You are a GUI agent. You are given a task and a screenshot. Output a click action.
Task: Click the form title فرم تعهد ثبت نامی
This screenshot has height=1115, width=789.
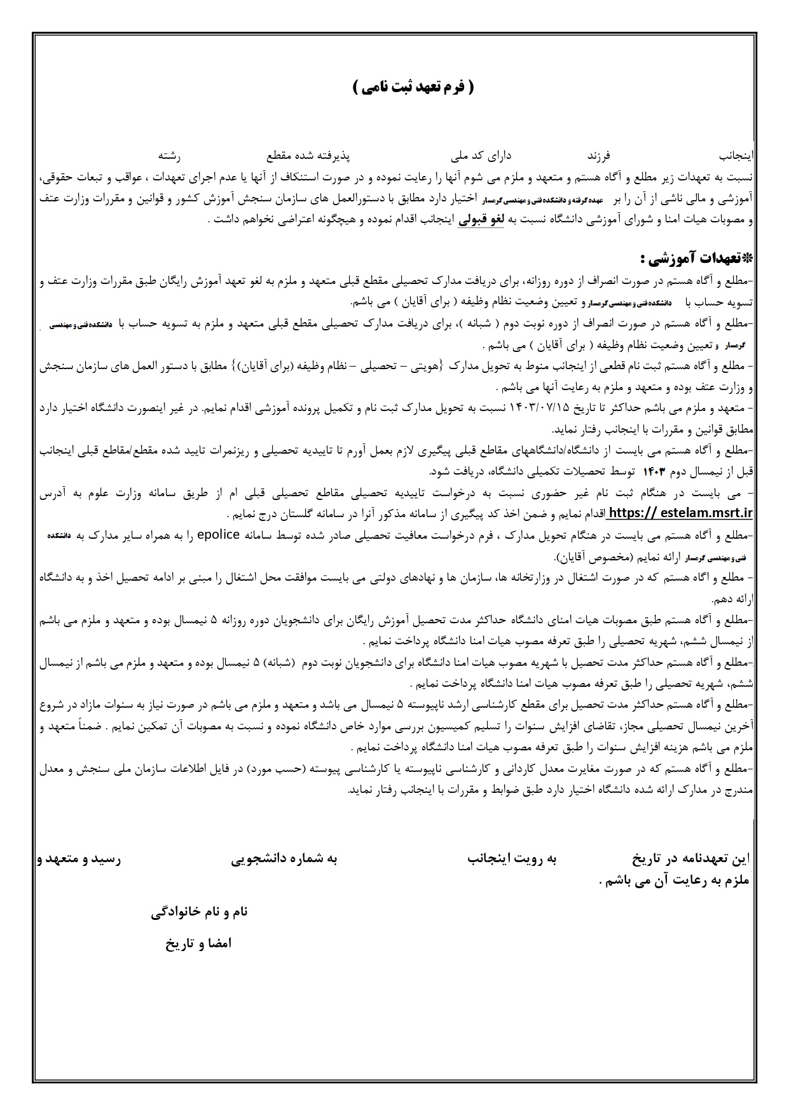pyautogui.click(x=413, y=88)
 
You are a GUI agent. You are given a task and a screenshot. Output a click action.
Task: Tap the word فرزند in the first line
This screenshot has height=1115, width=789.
pyautogui.click(x=597, y=155)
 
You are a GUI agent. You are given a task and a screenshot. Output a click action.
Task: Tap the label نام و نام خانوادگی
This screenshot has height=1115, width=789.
pyautogui.click(x=200, y=912)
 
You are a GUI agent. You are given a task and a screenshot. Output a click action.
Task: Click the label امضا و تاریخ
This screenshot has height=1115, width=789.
pyautogui.click(x=199, y=943)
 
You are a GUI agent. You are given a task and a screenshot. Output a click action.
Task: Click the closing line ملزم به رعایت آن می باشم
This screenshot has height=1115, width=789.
pyautogui.click(x=675, y=881)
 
